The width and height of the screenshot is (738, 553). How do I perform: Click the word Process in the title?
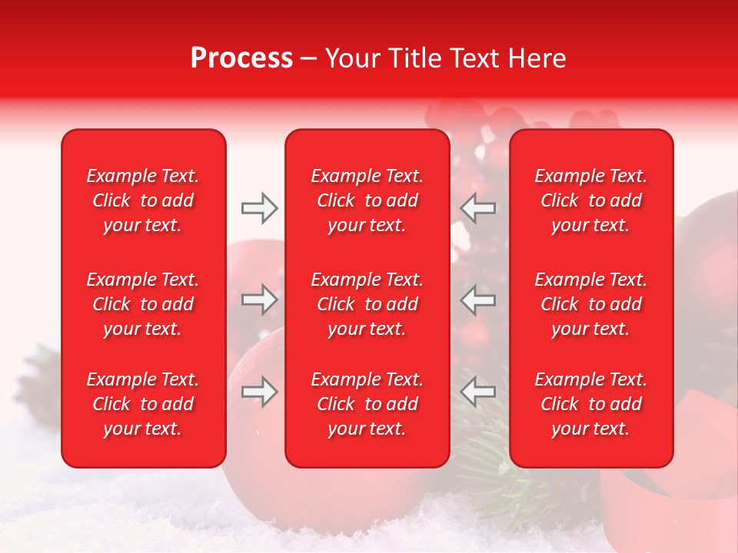pyautogui.click(x=241, y=58)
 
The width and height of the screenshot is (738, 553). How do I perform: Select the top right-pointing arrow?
pyautogui.click(x=259, y=208)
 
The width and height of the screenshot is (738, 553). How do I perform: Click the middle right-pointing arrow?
pyautogui.click(x=259, y=300)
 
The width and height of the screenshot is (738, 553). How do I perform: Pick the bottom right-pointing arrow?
pyautogui.click(x=259, y=392)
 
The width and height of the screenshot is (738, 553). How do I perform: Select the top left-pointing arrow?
pyautogui.click(x=477, y=208)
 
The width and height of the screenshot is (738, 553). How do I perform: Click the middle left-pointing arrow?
pyautogui.click(x=477, y=300)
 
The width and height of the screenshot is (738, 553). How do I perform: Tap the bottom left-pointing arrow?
pyautogui.click(x=477, y=392)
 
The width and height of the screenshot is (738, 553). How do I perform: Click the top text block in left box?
pyautogui.click(x=143, y=200)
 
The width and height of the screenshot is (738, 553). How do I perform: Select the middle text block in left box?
pyautogui.click(x=143, y=304)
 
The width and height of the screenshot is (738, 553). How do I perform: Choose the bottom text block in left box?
pyautogui.click(x=143, y=404)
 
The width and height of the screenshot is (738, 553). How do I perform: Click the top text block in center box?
pyautogui.click(x=367, y=200)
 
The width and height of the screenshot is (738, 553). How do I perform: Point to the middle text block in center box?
pyautogui.click(x=367, y=304)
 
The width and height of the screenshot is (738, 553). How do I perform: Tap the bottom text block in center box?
pyautogui.click(x=367, y=404)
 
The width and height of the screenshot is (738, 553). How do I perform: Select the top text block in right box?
pyautogui.click(x=591, y=200)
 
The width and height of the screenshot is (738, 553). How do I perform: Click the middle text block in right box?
pyautogui.click(x=591, y=304)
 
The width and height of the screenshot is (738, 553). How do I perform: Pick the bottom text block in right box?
pyautogui.click(x=591, y=404)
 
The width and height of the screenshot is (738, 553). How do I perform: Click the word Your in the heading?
pyautogui.click(x=351, y=58)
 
